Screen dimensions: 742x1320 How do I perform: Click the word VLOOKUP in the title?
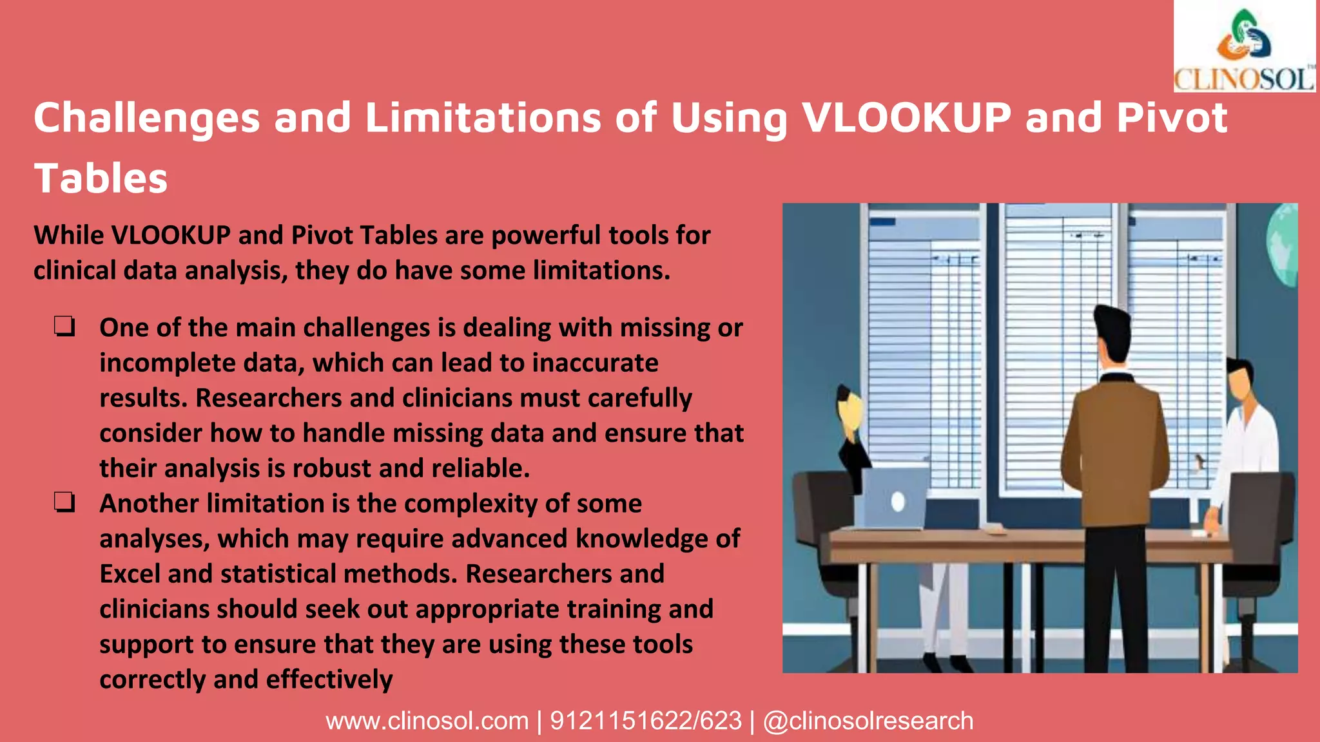pos(906,118)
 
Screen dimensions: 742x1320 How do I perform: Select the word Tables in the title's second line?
pos(101,178)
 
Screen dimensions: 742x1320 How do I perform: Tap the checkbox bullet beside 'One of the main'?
pos(64,327)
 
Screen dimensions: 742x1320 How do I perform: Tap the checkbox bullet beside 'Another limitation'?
pos(64,503)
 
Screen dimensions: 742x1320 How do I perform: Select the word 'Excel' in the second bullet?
pos(130,574)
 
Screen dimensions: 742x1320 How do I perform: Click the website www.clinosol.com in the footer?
pos(427,721)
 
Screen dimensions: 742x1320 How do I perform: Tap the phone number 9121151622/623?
pos(645,721)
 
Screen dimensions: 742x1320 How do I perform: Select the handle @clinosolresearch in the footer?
pos(868,721)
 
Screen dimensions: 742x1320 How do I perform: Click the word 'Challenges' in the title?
pos(147,118)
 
